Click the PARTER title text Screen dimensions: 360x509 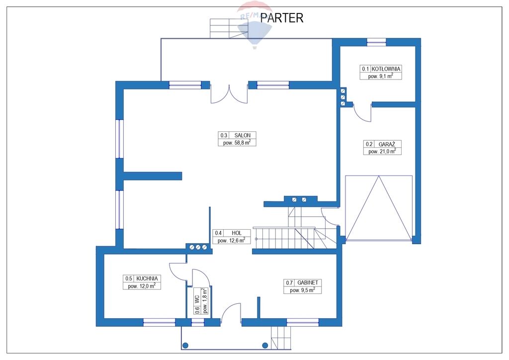coord(281,18)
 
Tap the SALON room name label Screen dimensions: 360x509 coord(243,135)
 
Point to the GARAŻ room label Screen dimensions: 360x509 coord(387,144)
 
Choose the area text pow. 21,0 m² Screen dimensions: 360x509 coord(382,152)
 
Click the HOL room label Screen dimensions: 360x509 coord(236,233)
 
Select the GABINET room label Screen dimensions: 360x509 coord(308,282)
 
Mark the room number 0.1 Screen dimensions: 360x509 coord(366,69)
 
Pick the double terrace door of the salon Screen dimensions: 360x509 coord(229,93)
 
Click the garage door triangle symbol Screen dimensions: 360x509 coord(379,207)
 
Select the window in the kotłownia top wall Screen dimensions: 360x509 coord(376,42)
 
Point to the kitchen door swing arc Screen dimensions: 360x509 coord(177,271)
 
